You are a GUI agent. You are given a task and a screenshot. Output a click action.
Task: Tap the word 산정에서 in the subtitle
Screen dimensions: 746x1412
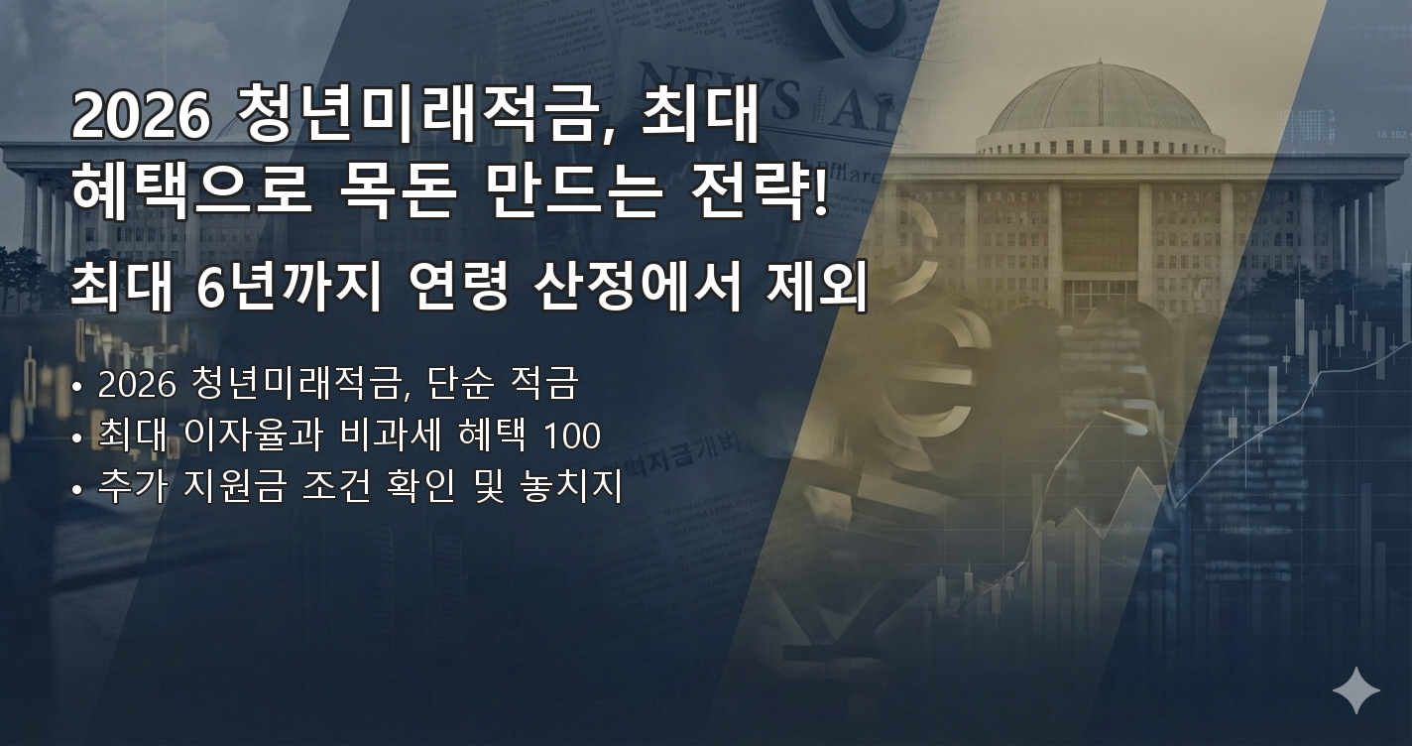click(635, 288)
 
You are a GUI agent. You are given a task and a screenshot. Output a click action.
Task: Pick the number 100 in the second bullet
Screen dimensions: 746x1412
click(572, 436)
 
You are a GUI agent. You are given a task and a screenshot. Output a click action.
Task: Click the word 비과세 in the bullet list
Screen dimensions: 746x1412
click(388, 436)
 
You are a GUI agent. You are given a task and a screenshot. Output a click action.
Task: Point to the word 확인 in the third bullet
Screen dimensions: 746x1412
click(414, 489)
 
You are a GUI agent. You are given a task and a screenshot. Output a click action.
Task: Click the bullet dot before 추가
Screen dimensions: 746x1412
click(77, 491)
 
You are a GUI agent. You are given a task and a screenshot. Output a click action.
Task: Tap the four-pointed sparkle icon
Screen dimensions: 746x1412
click(1355, 689)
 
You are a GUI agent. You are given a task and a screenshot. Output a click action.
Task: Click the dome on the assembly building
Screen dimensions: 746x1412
click(1100, 99)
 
